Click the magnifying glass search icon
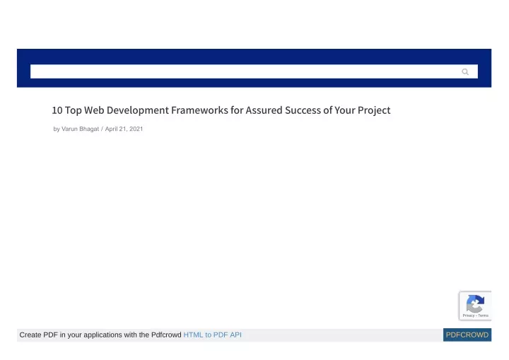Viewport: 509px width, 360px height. pyautogui.click(x=465, y=72)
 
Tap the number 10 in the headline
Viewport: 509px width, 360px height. pyautogui.click(x=57, y=110)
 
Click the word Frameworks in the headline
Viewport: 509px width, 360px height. pyautogui.click(x=199, y=110)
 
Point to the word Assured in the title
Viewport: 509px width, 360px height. pyautogui.click(x=264, y=110)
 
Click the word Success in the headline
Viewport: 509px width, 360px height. pyautogui.click(x=303, y=110)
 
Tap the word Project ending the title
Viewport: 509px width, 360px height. pyautogui.click(x=374, y=110)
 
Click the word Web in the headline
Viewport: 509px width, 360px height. pyautogui.click(x=94, y=110)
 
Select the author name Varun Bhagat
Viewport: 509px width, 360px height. pyautogui.click(x=80, y=129)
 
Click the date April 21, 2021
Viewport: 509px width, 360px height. pyautogui.click(x=124, y=129)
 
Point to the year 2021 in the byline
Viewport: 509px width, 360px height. pyautogui.click(x=136, y=129)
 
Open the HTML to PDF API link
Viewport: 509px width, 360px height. pyautogui.click(x=212, y=335)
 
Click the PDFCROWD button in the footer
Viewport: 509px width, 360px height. pyautogui.click(x=467, y=335)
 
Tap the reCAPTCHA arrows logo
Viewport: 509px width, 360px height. pyautogui.click(x=475, y=303)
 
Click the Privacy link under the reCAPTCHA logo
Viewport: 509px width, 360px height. pyautogui.click(x=469, y=315)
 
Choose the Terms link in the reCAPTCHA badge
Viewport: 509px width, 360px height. pyautogui.click(x=483, y=315)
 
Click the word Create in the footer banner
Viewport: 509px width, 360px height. pyautogui.click(x=30, y=335)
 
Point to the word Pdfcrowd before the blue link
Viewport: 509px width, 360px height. pyautogui.click(x=166, y=335)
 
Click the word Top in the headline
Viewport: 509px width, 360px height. pyautogui.click(x=74, y=110)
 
